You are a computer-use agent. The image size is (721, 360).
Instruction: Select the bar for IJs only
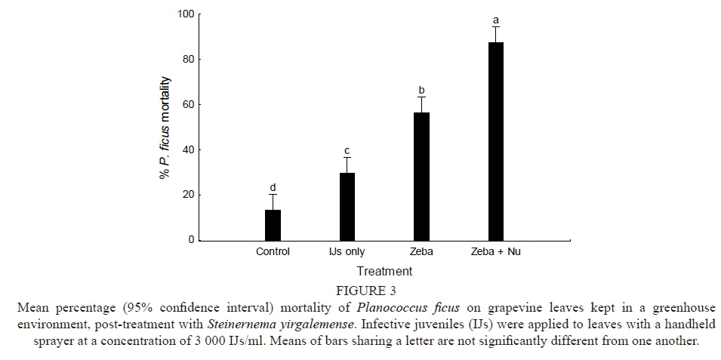[x=347, y=206]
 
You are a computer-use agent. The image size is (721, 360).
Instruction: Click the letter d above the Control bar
[x=273, y=187]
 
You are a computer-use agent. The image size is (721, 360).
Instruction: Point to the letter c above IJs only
[x=347, y=151]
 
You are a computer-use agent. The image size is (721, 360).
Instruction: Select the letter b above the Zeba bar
[x=421, y=90]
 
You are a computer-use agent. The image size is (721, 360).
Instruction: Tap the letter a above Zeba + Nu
[x=495, y=20]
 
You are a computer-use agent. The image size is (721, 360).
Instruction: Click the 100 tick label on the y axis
[x=186, y=14]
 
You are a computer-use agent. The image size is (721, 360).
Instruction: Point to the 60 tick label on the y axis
[x=188, y=104]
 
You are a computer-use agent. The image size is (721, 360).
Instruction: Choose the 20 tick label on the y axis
[x=188, y=195]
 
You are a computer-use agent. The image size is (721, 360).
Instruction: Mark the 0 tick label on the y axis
[x=190, y=240]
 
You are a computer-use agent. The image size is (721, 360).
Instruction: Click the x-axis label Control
[x=273, y=252]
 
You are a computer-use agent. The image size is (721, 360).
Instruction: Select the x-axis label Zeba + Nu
[x=495, y=252]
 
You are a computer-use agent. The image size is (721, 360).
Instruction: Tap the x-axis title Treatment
[x=384, y=271]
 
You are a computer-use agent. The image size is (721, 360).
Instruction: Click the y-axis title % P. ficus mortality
[x=164, y=128]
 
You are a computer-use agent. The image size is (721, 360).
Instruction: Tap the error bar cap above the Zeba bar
[x=421, y=97]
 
